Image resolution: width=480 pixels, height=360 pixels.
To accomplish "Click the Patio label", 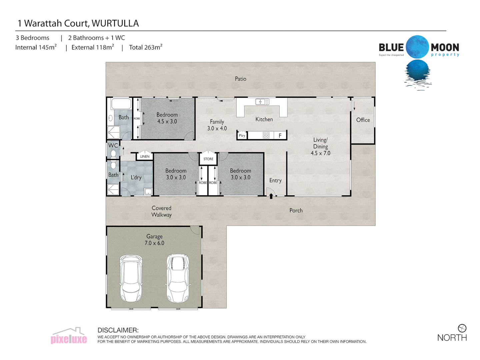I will (240, 79).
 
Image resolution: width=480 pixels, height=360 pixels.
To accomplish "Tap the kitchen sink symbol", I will (262, 102).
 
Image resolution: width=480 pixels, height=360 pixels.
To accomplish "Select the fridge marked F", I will (280, 135).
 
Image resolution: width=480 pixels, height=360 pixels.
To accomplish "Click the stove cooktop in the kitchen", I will (266, 135).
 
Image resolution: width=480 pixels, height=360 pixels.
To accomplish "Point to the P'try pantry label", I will (242, 136).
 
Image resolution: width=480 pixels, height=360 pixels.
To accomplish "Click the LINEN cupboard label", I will (145, 156).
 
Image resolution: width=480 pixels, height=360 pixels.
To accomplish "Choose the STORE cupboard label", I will (208, 159).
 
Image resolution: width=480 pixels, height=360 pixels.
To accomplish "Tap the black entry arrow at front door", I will (271, 196).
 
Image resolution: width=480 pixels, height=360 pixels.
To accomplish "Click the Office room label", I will (363, 120).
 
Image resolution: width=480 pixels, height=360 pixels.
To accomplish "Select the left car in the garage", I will (131, 278).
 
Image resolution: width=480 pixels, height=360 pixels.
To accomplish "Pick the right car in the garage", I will (178, 278).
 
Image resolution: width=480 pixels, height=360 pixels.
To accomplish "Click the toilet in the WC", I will (113, 153).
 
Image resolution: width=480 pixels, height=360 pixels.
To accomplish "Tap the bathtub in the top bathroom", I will (121, 104).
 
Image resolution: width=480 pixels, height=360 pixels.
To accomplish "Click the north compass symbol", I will (462, 328).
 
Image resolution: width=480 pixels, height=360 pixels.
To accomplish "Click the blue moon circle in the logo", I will (417, 47).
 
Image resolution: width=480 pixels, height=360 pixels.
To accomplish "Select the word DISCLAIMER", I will (118, 330).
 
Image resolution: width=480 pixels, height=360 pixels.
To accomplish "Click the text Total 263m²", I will (146, 47).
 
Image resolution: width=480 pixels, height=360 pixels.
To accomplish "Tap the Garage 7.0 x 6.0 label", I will (154, 240).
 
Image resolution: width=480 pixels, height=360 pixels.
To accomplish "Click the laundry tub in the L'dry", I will (148, 191).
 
